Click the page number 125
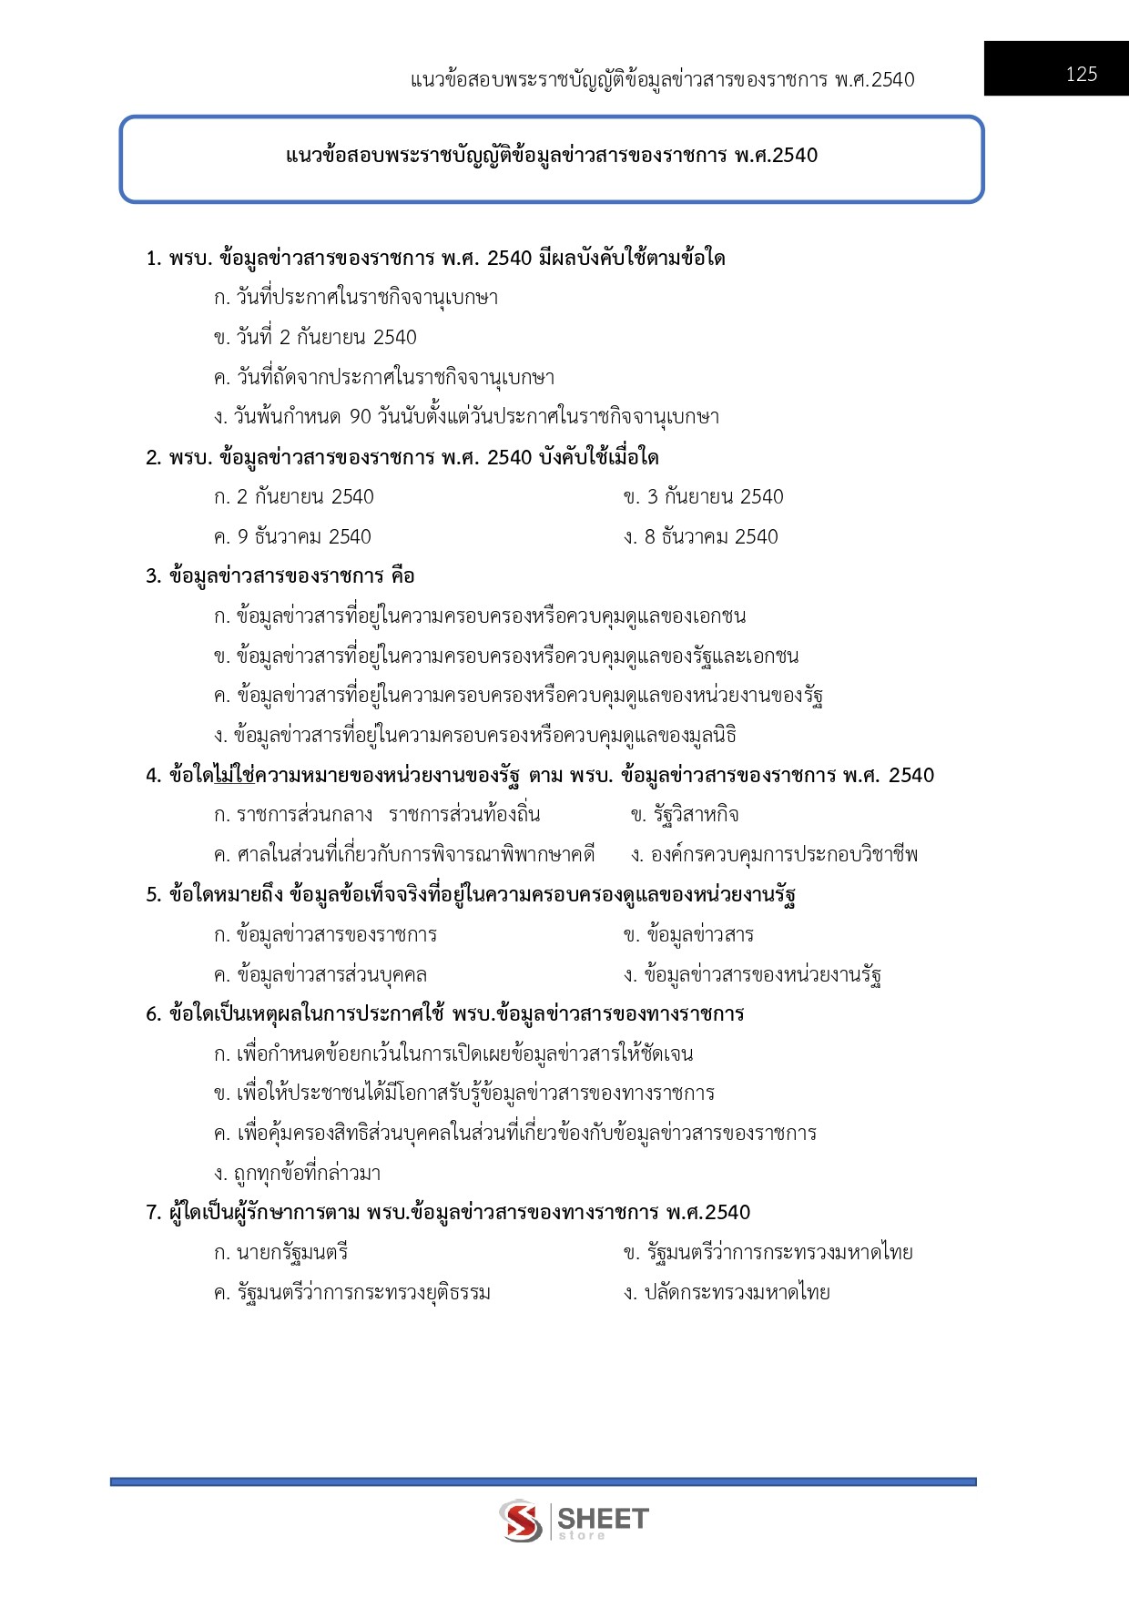1081,75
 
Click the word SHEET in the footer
602,1518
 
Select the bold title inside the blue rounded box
552,156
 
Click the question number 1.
153,259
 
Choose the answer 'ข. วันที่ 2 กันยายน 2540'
315,338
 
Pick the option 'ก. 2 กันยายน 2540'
293,497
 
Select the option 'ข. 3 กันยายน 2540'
703,497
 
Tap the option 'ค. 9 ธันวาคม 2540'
292,537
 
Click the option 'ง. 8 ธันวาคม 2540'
701,537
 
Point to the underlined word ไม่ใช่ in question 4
234,776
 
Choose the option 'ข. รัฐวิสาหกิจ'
685,815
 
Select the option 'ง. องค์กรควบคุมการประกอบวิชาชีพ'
774,855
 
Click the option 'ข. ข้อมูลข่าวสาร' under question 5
688,935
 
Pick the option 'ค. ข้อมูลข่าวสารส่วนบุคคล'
320,975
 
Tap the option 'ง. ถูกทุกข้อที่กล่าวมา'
297,1174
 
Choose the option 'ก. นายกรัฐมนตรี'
280,1253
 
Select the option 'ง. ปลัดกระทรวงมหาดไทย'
727,1293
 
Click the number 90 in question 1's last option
361,417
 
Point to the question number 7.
153,1213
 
